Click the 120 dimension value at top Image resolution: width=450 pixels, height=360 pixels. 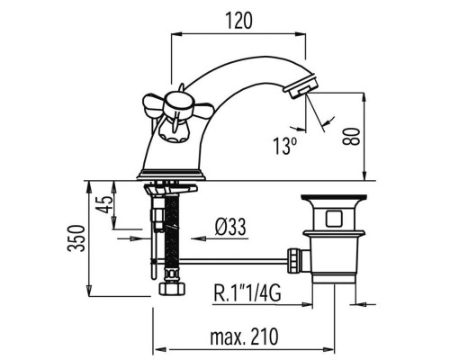pyautogui.click(x=238, y=21)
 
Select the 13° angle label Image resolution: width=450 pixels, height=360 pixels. pyautogui.click(x=284, y=146)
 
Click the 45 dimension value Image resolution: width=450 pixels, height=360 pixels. pyautogui.click(x=106, y=204)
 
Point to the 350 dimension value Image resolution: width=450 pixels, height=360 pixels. pyautogui.click(x=76, y=238)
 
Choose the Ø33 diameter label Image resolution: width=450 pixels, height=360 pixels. pyautogui.click(x=230, y=227)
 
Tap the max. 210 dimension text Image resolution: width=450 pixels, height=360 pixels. pyautogui.click(x=244, y=337)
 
